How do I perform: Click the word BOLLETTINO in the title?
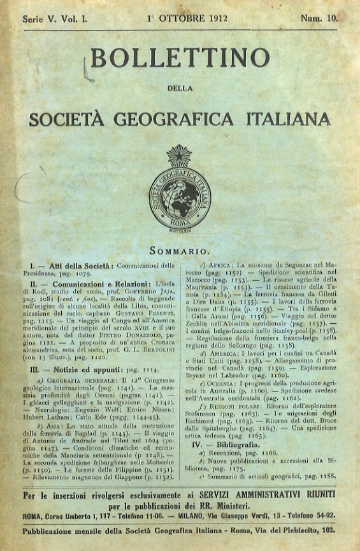tap(180, 59)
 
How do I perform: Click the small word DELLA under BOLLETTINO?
tap(180, 88)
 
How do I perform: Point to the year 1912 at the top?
tap(208, 19)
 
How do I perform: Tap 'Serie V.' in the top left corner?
tap(40, 19)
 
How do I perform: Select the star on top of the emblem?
tap(179, 155)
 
